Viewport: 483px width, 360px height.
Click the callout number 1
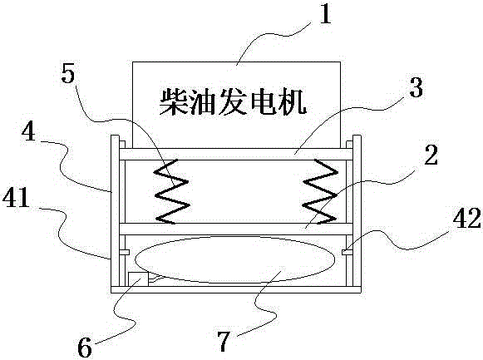click(x=325, y=13)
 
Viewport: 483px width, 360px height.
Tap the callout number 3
click(x=416, y=86)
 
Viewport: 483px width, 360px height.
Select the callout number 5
click(x=68, y=73)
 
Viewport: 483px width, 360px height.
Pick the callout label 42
click(x=466, y=218)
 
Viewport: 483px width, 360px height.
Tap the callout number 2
click(x=431, y=155)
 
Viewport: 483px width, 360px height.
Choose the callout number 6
click(x=85, y=347)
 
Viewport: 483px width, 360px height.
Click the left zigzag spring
click(x=172, y=191)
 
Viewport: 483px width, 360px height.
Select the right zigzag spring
click(x=320, y=191)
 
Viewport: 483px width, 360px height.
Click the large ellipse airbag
click(x=235, y=259)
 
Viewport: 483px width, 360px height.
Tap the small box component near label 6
click(x=138, y=279)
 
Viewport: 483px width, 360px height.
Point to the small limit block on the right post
click(x=347, y=252)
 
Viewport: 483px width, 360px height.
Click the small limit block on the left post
click(x=125, y=252)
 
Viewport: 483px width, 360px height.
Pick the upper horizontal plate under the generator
click(x=235, y=155)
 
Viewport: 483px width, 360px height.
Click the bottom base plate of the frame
click(x=235, y=289)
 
